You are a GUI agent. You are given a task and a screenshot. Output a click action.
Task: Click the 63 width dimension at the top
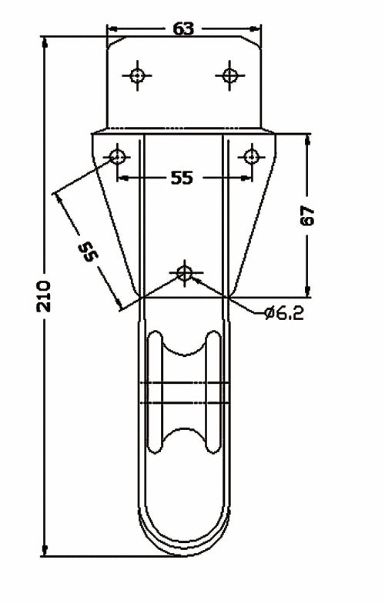click(x=182, y=29)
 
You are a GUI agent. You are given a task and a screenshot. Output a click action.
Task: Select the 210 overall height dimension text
click(x=44, y=294)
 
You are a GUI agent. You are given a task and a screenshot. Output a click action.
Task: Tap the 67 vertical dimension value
click(x=308, y=216)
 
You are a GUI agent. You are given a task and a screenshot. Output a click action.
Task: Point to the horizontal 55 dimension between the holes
click(x=181, y=178)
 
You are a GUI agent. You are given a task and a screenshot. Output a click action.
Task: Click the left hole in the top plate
click(x=138, y=75)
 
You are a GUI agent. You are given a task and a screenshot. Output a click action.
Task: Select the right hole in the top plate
click(x=229, y=75)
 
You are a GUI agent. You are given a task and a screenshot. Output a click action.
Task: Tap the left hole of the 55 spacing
click(x=117, y=157)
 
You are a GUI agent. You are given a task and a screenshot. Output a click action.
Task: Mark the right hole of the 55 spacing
click(x=250, y=157)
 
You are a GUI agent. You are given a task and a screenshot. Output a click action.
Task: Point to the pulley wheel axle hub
click(x=183, y=391)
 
